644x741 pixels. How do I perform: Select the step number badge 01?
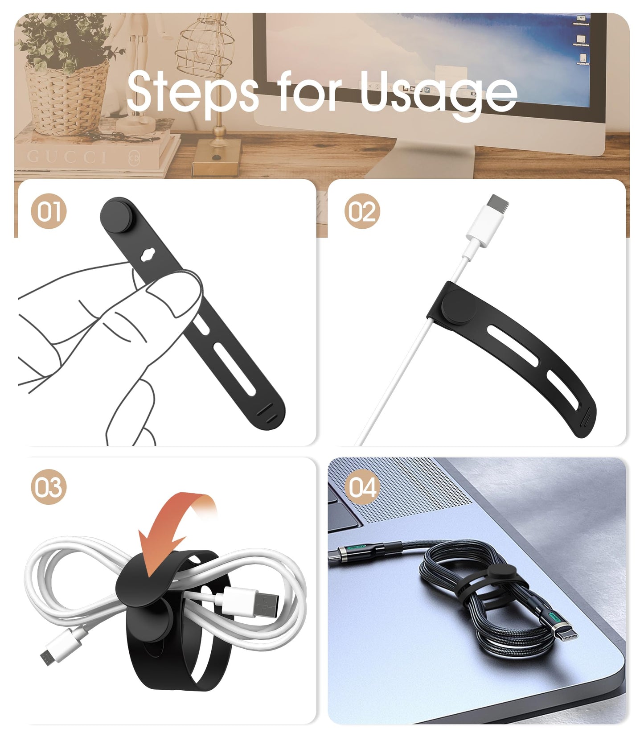(x=49, y=211)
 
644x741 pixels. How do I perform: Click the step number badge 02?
(x=362, y=211)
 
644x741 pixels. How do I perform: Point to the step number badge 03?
(x=49, y=486)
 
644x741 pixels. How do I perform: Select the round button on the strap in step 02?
(x=459, y=306)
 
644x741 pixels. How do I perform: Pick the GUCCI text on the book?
(x=66, y=157)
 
